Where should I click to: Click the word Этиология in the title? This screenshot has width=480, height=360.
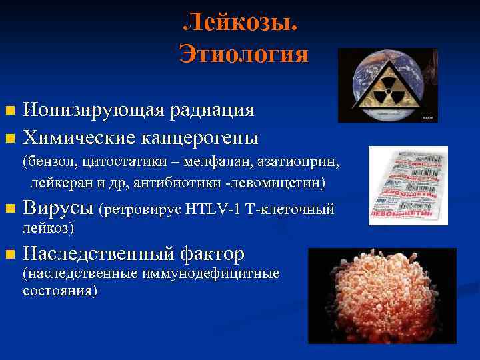point(243,53)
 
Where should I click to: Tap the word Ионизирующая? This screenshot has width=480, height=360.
point(86,110)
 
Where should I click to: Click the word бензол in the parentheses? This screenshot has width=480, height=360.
point(46,163)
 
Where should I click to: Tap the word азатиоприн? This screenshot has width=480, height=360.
point(307,163)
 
